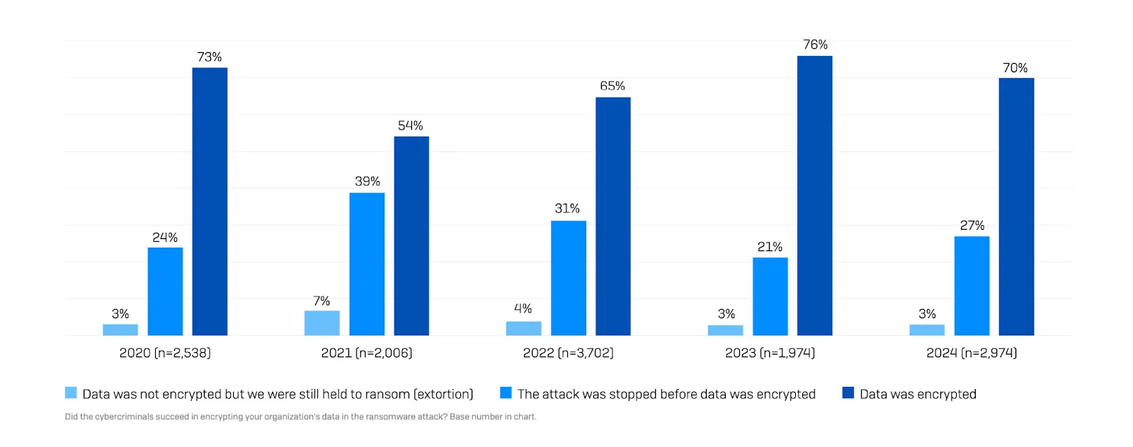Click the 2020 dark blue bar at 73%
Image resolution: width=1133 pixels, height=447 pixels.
point(210,202)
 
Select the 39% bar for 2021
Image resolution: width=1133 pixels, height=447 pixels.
point(367,264)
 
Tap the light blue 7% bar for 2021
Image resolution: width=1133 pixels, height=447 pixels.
point(321,323)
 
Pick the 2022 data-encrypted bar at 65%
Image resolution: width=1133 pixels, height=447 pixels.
point(613,216)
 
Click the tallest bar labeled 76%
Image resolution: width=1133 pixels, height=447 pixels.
point(814,196)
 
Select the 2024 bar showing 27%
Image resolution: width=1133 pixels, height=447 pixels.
point(972,286)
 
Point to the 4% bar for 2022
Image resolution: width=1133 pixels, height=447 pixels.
point(523,328)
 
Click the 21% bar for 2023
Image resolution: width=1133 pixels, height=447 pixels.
point(770,296)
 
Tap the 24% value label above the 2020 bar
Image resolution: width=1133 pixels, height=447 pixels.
point(165,238)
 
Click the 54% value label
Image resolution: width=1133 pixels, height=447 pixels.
point(411,126)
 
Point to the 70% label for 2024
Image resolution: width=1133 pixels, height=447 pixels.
point(1015,68)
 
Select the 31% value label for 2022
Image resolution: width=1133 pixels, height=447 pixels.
point(567,209)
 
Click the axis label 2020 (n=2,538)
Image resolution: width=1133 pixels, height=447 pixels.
point(165,353)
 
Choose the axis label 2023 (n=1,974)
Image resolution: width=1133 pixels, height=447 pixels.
point(770,353)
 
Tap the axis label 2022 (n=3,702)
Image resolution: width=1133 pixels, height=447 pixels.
point(568,353)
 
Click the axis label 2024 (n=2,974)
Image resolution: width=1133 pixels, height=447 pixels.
point(972,353)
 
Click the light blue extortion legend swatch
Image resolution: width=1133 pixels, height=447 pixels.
point(71,393)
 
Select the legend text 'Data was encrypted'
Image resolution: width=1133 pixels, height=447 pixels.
point(918,394)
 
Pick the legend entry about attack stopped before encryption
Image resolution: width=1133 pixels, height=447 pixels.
point(666,394)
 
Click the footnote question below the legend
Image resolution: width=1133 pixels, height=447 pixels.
point(300,417)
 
